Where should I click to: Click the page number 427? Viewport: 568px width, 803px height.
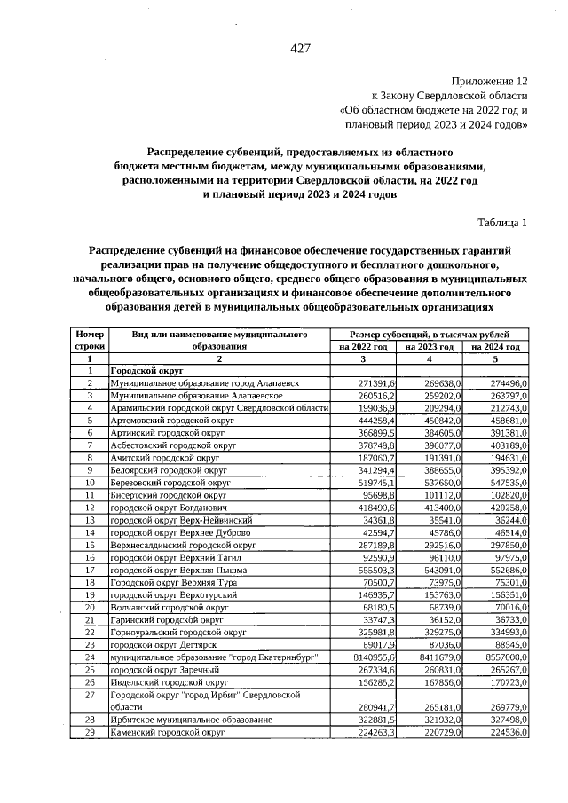(x=299, y=48)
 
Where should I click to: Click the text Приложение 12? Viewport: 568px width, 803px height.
(x=490, y=80)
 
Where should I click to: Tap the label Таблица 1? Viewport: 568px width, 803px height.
(x=502, y=222)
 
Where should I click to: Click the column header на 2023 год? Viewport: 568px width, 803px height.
(x=430, y=347)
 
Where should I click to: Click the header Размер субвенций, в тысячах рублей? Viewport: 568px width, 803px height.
(x=430, y=334)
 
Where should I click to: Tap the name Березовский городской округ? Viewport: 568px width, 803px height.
(x=165, y=482)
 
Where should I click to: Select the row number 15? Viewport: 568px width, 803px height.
(x=90, y=544)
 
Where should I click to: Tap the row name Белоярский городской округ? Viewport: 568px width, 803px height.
(x=164, y=469)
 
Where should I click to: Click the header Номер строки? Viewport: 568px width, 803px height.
(x=90, y=340)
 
